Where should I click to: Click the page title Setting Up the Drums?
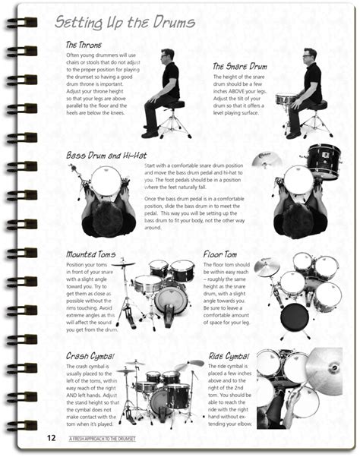pyautogui.click(x=121, y=24)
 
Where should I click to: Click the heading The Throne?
pyautogui.click(x=84, y=45)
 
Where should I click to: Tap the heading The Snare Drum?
pyautogui.click(x=238, y=66)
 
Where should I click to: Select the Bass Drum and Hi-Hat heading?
pyautogui.click(x=106, y=155)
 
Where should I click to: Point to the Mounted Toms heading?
pyautogui.click(x=91, y=254)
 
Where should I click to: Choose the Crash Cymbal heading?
pyautogui.click(x=90, y=355)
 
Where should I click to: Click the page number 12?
pyautogui.click(x=50, y=437)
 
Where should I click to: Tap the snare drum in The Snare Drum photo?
pyautogui.click(x=285, y=99)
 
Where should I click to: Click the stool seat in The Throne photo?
pyautogui.click(x=176, y=104)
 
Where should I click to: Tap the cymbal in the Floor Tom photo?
pyautogui.click(x=267, y=267)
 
